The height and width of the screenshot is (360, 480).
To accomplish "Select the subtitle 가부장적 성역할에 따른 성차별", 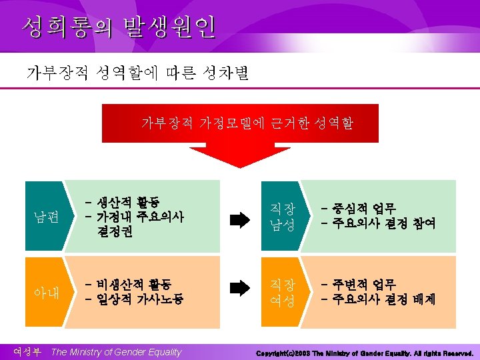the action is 137,72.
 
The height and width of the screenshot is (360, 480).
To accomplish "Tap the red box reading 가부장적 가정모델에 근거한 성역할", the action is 247,123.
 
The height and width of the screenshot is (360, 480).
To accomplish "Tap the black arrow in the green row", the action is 239,221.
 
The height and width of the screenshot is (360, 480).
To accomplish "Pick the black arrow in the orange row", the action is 239,288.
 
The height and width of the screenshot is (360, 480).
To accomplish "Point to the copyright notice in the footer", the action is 364,352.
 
